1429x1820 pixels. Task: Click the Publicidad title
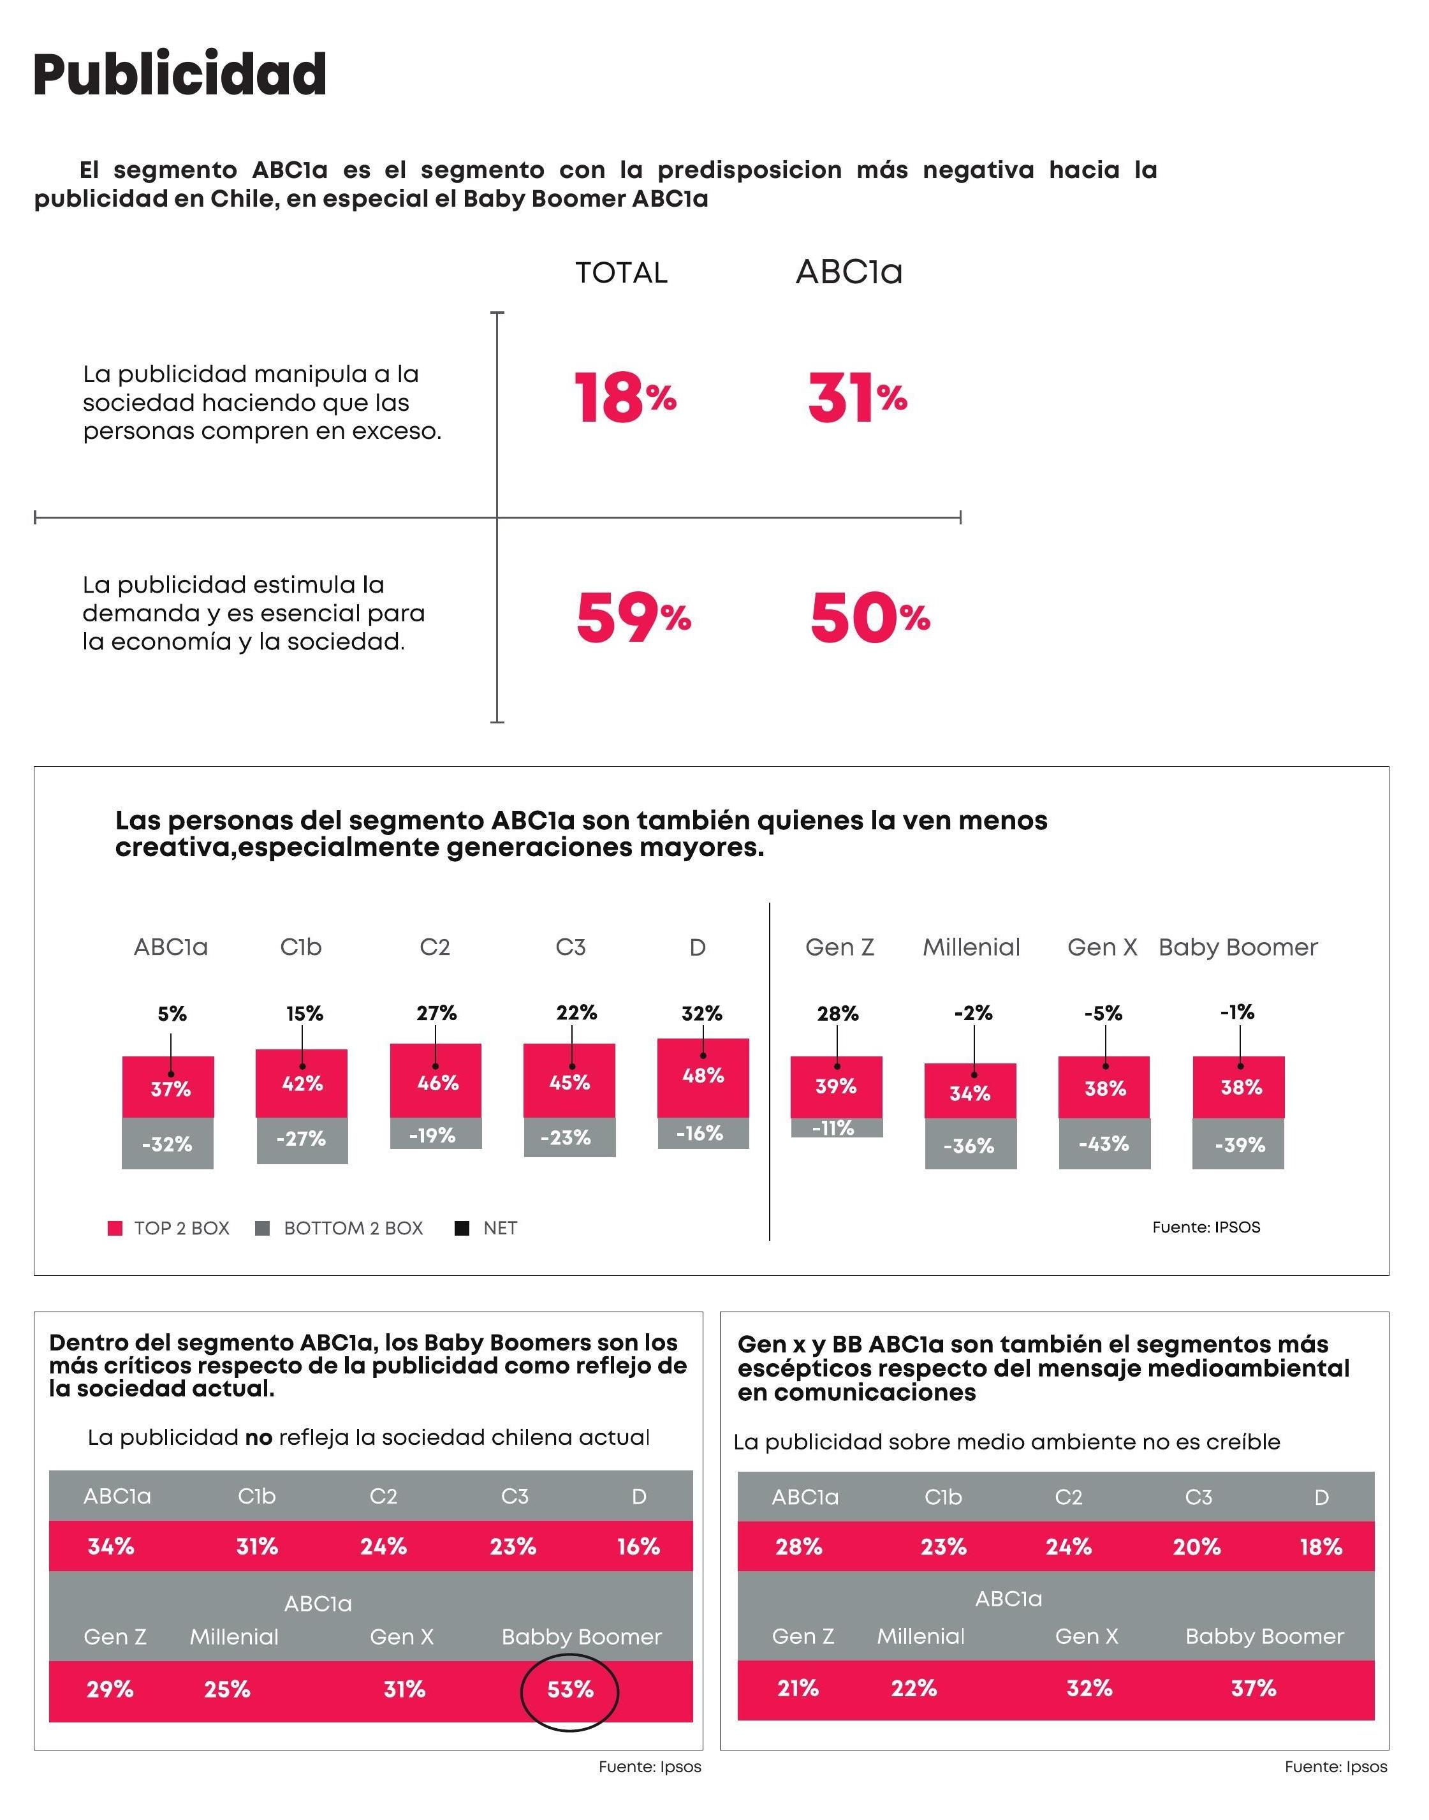tap(180, 75)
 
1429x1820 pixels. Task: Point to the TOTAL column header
tap(621, 273)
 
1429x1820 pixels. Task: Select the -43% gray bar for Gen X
tap(1104, 1144)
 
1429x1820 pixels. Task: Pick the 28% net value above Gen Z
tap(837, 1013)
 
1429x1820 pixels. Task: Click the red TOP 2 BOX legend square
tap(115, 1229)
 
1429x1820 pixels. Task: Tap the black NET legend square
tap(461, 1229)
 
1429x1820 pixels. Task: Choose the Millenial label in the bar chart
tap(971, 947)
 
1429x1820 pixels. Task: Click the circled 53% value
tap(570, 1689)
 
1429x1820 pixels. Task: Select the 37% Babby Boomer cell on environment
tap(1253, 1689)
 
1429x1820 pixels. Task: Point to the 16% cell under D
tap(638, 1546)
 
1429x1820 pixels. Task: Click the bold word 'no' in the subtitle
tap(258, 1438)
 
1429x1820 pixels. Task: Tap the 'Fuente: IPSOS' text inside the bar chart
tap(1206, 1227)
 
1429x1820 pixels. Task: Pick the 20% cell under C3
tap(1196, 1546)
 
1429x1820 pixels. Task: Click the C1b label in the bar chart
tap(300, 947)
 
